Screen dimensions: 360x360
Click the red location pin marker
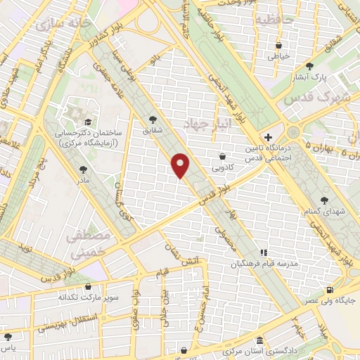181,165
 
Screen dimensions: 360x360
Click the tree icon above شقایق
154,120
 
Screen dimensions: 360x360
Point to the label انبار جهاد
203,124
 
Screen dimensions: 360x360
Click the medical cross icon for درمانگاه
267,137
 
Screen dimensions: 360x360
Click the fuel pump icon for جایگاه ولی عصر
330,289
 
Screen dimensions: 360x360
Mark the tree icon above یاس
6,337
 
